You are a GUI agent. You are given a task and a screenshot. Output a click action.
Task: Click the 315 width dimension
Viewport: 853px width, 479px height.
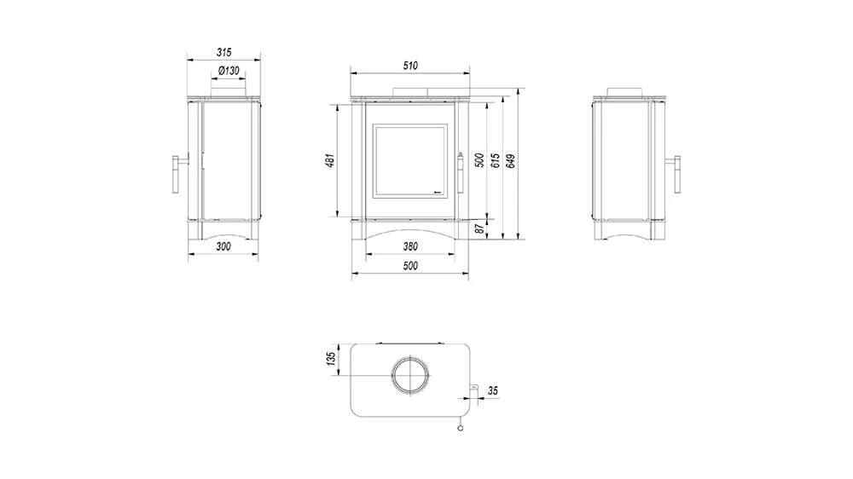pos(223,52)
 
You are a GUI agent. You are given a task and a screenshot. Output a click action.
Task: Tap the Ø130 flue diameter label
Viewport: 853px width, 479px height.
pos(229,71)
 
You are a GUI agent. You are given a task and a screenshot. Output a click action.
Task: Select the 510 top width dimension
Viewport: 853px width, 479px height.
pos(410,66)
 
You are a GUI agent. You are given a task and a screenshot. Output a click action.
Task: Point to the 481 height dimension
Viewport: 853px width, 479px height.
pos(329,160)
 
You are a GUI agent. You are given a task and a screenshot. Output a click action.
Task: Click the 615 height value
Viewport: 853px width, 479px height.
pos(495,160)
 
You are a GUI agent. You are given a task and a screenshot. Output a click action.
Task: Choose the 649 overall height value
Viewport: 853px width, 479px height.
pos(511,161)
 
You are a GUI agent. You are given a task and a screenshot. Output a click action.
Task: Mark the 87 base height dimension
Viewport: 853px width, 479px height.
pos(479,229)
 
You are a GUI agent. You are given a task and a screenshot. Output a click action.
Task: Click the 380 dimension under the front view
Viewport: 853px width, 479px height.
pos(410,246)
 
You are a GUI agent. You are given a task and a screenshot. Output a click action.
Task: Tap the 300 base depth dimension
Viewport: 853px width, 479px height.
pos(223,246)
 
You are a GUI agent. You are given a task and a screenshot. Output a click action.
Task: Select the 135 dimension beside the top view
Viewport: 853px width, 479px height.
pos(331,359)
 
